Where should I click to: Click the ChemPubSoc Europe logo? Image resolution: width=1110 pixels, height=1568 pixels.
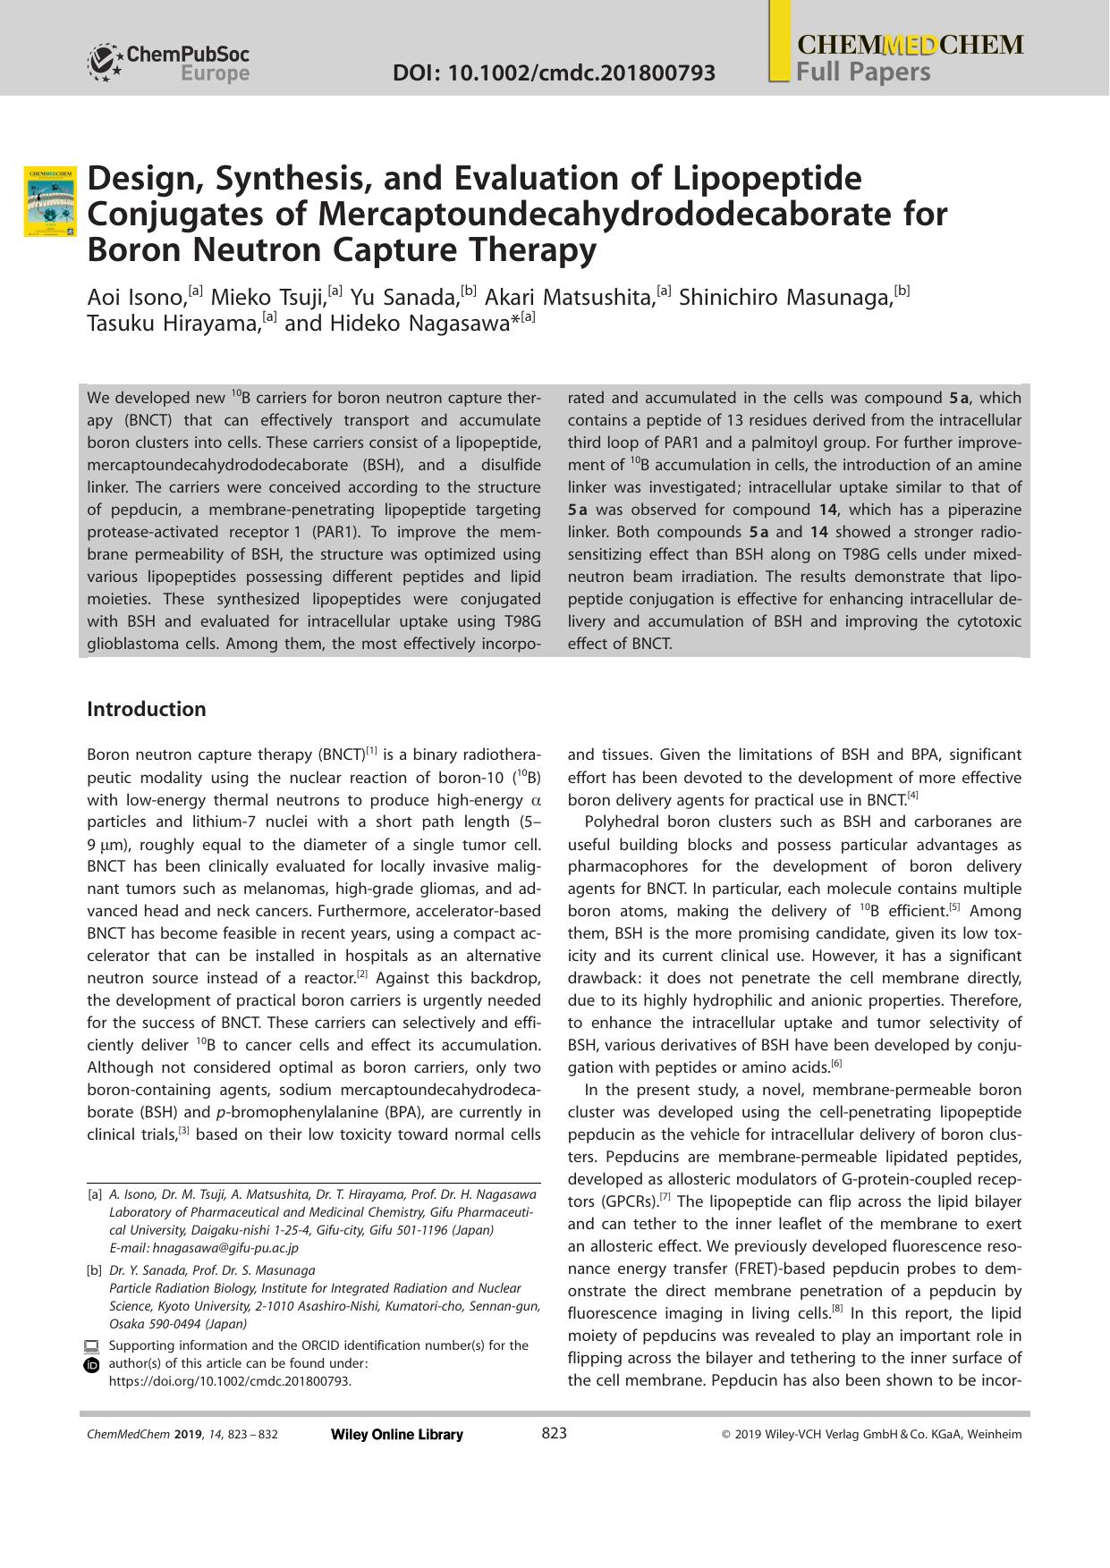coord(168,63)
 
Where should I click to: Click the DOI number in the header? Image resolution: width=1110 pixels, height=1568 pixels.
coord(554,72)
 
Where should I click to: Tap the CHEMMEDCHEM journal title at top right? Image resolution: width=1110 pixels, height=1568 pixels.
coord(909,46)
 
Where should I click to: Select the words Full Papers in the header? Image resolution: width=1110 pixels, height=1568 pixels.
coord(863,72)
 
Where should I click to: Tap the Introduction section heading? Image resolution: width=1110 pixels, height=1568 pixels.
coord(146,709)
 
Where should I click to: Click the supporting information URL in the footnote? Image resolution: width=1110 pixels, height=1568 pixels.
coord(229,1381)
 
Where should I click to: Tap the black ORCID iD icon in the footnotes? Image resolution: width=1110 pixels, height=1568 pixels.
coord(91,1365)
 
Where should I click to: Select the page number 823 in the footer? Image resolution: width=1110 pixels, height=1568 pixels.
coord(555,1433)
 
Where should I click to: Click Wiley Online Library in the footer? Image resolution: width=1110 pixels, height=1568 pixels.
coord(396,1435)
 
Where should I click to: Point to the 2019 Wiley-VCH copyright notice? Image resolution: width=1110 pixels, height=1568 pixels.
coord(870,1435)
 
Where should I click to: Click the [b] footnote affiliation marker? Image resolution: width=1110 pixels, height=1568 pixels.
coord(94,1270)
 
